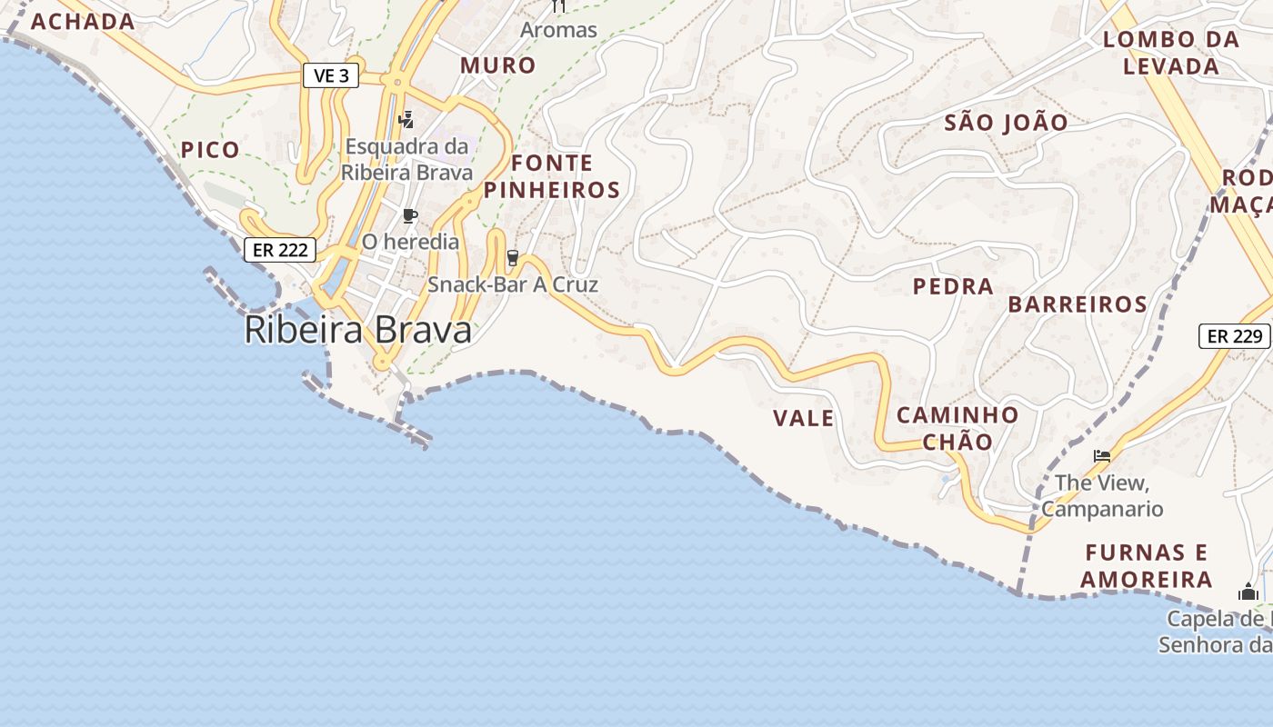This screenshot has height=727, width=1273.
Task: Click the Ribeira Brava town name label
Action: (x=358, y=330)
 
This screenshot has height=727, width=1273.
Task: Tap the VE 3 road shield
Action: (x=331, y=76)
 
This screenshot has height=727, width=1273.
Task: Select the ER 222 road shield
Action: (x=280, y=250)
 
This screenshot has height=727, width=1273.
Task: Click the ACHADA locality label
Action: (x=83, y=22)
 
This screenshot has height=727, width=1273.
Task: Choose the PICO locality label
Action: (x=210, y=150)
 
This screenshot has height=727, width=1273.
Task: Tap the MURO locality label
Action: (x=497, y=65)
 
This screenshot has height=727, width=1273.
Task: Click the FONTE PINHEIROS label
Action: (x=552, y=176)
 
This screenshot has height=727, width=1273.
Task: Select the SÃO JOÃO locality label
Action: (x=1006, y=123)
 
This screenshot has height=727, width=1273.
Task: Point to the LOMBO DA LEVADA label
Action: (x=1171, y=53)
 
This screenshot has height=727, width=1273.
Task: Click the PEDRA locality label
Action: (x=953, y=286)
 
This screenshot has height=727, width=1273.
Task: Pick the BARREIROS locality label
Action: (x=1078, y=304)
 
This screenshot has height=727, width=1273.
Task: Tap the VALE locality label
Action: (x=803, y=418)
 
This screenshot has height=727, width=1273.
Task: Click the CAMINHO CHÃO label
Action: (x=957, y=428)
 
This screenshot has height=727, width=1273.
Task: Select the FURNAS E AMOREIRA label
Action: (x=1147, y=565)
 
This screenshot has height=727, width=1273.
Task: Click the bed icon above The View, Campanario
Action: (x=1102, y=455)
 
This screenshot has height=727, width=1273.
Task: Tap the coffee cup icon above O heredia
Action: (x=410, y=216)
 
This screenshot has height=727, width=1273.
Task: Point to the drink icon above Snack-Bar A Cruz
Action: (x=512, y=258)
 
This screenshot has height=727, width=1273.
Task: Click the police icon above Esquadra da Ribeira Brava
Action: (x=406, y=119)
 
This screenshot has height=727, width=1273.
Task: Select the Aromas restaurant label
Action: (x=558, y=29)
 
